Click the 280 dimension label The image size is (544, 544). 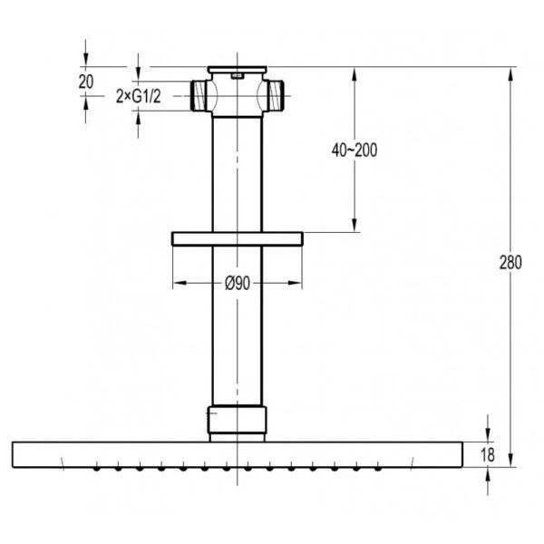[510, 262]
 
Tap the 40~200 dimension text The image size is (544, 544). [355, 151]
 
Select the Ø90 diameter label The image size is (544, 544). [238, 283]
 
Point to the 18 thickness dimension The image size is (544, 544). [488, 454]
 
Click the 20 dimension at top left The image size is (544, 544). [86, 82]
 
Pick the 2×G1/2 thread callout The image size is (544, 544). [139, 96]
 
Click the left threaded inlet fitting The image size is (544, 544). [199, 96]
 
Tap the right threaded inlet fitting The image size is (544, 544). [276, 96]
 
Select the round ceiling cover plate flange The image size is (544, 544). [238, 238]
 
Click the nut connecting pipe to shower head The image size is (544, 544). [238, 420]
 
